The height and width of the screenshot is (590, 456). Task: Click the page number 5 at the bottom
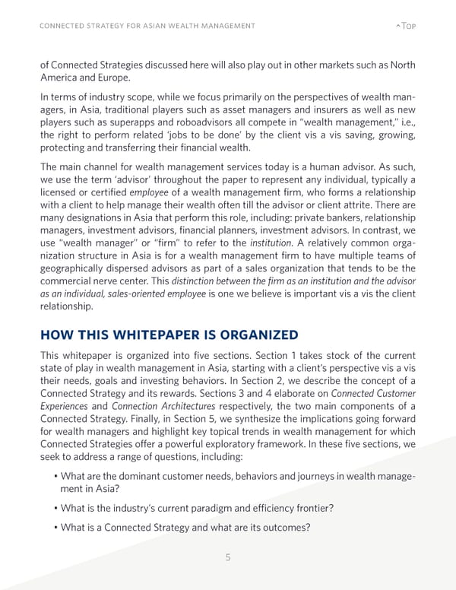point(228,557)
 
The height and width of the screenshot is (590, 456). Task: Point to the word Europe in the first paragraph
point(117,78)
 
